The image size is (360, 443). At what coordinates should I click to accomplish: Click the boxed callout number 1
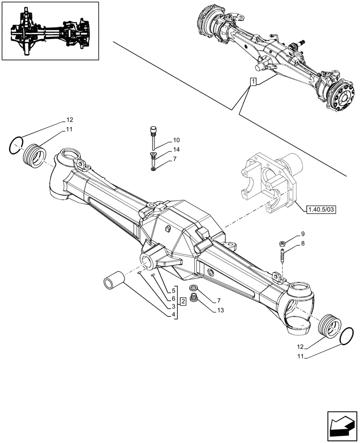pos(253,82)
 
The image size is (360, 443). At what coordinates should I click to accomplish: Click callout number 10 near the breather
pos(164,140)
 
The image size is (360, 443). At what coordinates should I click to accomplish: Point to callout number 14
pos(164,149)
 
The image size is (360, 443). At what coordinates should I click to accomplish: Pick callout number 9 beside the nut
pos(303,233)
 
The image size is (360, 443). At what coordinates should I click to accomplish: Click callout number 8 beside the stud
pos(303,243)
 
